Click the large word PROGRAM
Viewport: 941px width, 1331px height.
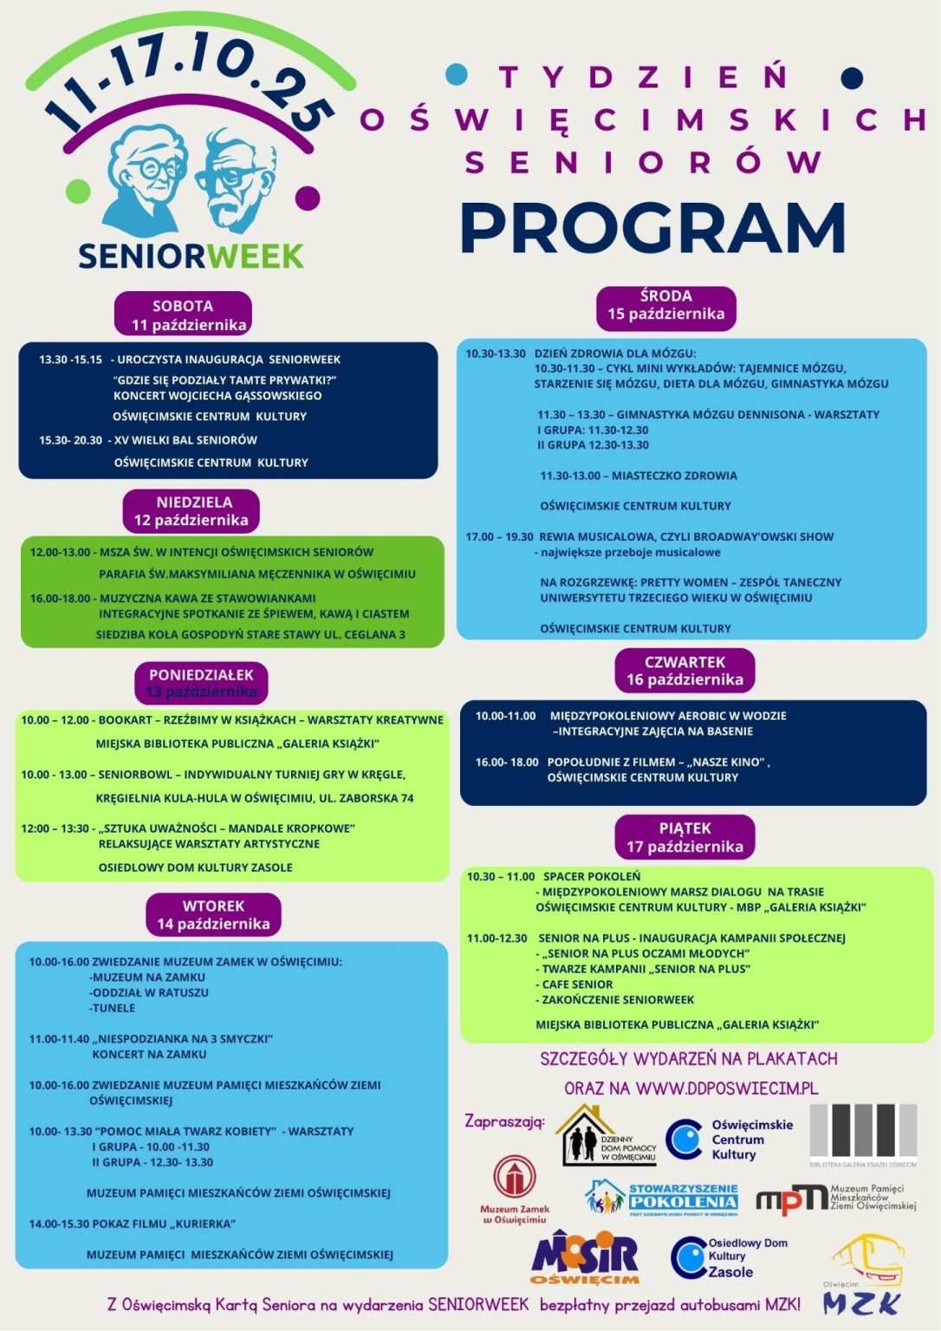[x=652, y=228]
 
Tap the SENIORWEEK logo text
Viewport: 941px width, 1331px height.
[x=191, y=256]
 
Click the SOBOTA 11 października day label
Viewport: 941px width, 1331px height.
[x=184, y=315]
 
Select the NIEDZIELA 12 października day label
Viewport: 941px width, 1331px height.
[x=192, y=511]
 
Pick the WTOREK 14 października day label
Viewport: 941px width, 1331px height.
[x=213, y=915]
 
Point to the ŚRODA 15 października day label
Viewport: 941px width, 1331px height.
[x=665, y=305]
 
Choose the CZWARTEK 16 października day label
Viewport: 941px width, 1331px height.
[x=685, y=671]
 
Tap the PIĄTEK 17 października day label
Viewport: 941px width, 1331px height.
[x=685, y=837]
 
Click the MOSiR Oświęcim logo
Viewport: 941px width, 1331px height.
[x=585, y=1257]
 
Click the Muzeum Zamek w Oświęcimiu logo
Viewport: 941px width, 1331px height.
[x=515, y=1189]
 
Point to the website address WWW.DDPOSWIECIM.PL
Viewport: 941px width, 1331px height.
[x=726, y=1088]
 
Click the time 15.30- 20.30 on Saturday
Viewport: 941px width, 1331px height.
[x=70, y=440]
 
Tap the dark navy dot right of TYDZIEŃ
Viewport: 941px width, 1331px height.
[x=853, y=77]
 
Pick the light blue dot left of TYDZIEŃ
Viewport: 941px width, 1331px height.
[x=456, y=75]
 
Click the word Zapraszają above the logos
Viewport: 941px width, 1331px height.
[x=504, y=1120]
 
